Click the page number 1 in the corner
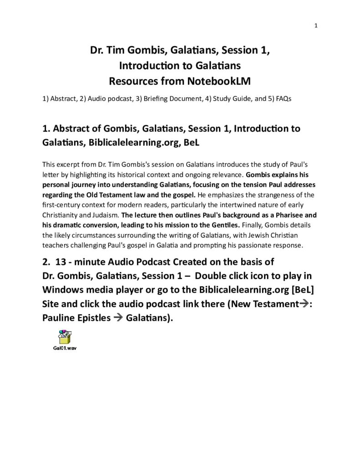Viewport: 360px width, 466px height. tap(315, 25)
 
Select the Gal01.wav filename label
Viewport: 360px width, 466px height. tap(65, 348)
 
